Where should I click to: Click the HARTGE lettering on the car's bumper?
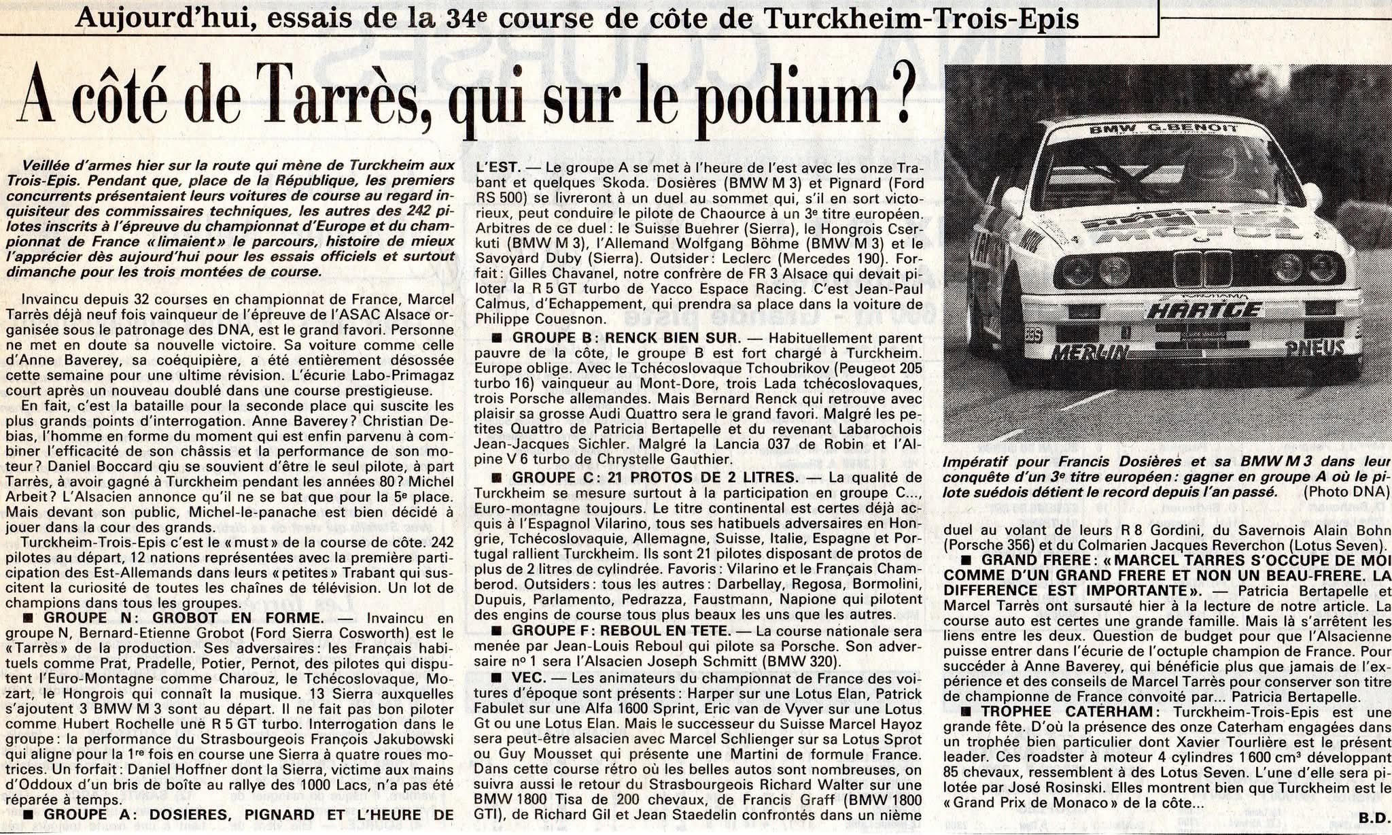coord(1204,310)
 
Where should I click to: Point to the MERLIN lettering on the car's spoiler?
coord(1090,352)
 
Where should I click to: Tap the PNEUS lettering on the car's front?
coord(1315,348)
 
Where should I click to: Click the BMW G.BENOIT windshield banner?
coord(1153,129)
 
